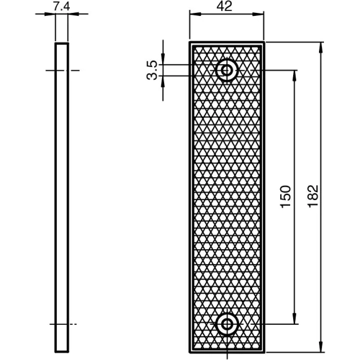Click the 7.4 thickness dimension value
62,6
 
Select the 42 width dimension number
227,6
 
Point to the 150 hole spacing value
285,197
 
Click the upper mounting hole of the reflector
228,70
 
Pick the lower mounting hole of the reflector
228,323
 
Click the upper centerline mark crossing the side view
63,70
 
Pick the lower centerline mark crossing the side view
63,323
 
